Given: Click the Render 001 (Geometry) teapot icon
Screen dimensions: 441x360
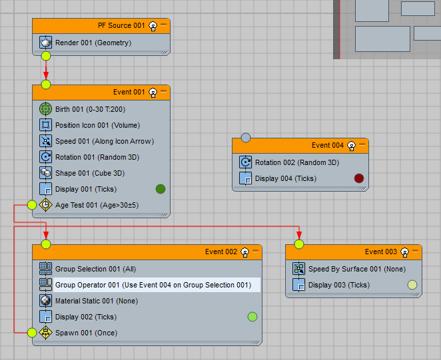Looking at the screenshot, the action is (x=45, y=43).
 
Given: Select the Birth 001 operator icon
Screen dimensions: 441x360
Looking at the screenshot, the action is (x=45, y=109).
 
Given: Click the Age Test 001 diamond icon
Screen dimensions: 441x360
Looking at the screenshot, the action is (x=45, y=205).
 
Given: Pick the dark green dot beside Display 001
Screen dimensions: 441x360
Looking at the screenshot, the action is (x=161, y=189).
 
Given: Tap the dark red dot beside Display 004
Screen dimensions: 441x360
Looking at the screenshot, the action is (x=359, y=178).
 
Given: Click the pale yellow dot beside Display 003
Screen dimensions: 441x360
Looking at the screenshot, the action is (x=412, y=285).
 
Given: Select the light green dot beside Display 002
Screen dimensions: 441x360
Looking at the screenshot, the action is (x=252, y=317).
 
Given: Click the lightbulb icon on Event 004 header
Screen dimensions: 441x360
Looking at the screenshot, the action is (x=351, y=146).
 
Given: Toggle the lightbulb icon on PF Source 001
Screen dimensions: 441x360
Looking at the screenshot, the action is (x=153, y=26).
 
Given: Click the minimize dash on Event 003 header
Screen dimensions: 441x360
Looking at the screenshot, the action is (x=415, y=251).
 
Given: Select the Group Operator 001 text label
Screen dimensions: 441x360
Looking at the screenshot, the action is (x=153, y=285).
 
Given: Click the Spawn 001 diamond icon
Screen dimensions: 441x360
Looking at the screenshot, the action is (x=45, y=333).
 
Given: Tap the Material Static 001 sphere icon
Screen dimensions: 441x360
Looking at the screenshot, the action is (x=45, y=301).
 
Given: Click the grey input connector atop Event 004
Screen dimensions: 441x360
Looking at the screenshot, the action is (x=246, y=138).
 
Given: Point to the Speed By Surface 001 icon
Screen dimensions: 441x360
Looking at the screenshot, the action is (x=298, y=269).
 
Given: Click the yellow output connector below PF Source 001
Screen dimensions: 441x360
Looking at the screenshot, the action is (x=46, y=56).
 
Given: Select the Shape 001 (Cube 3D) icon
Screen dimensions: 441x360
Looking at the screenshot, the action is (x=45, y=173).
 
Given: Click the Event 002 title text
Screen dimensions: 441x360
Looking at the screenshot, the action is (x=221, y=252).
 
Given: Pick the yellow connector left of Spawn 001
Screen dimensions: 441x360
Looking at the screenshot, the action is (x=32, y=333).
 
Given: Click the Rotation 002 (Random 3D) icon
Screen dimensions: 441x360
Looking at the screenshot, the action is (x=245, y=162).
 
